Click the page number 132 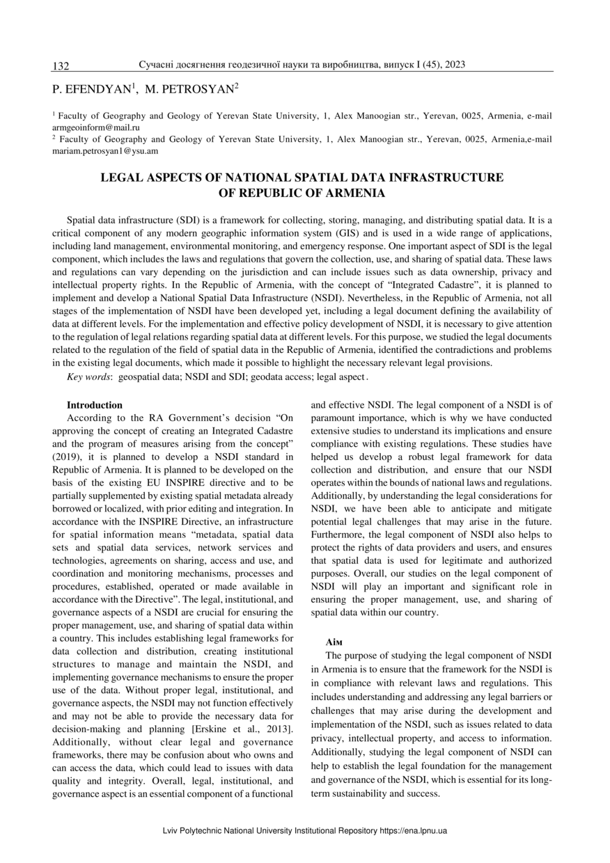tap(61, 66)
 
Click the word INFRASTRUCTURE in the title tap(445, 177)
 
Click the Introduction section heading tap(95, 405)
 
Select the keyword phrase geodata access tap(281, 377)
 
